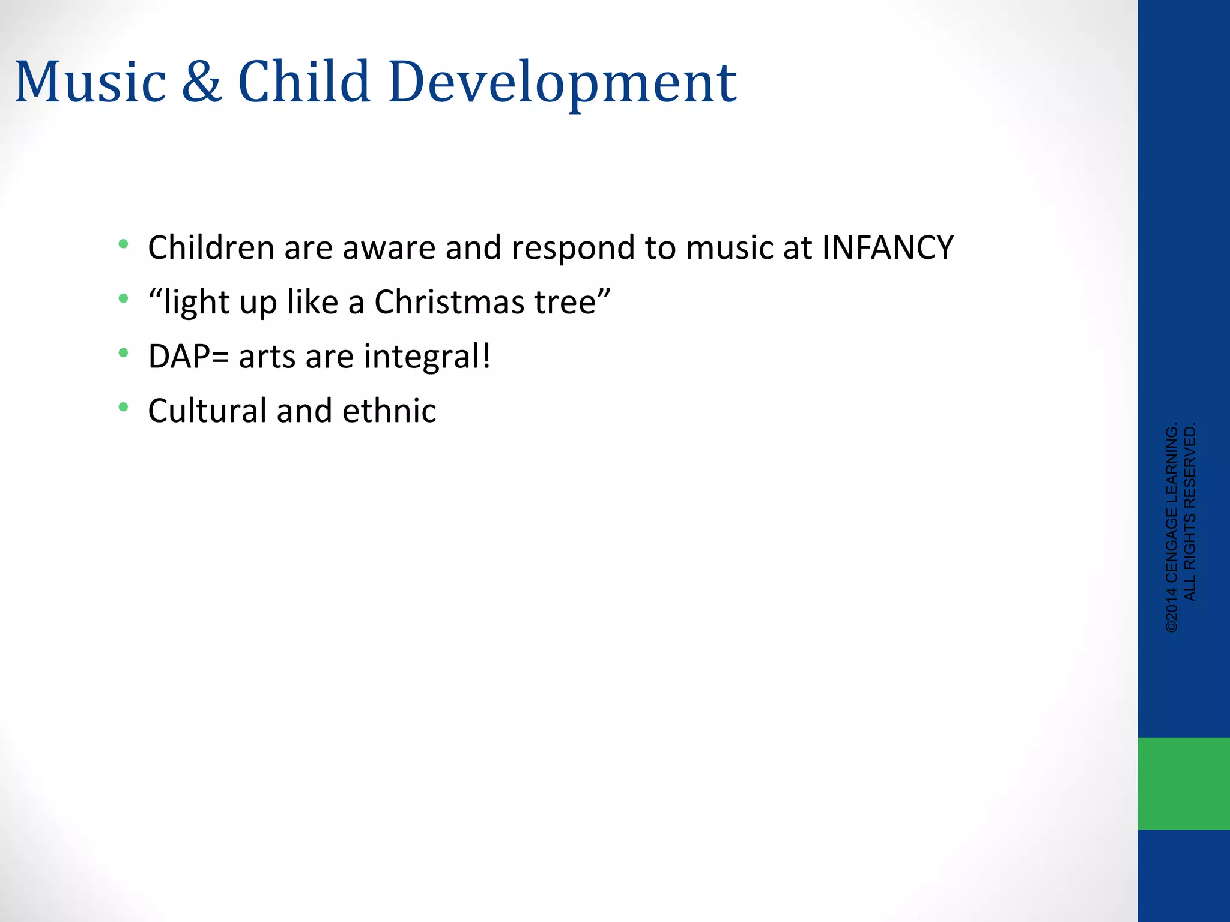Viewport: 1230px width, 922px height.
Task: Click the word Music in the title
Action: [x=90, y=82]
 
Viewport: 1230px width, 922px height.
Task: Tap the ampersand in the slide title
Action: [x=202, y=82]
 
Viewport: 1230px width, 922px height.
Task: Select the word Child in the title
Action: [x=304, y=82]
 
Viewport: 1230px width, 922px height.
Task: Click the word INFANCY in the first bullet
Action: [x=887, y=247]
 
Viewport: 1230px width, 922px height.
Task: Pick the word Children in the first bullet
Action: [x=211, y=247]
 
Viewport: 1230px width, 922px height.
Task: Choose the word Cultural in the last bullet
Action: [x=207, y=411]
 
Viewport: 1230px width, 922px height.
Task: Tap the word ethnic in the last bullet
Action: [x=389, y=411]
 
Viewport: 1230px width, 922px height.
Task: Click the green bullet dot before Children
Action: [x=124, y=244]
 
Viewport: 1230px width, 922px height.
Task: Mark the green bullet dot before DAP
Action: [x=124, y=353]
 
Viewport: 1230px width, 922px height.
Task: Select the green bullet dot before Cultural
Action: [x=124, y=408]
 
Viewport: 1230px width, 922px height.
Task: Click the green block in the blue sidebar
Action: [x=1183, y=783]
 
